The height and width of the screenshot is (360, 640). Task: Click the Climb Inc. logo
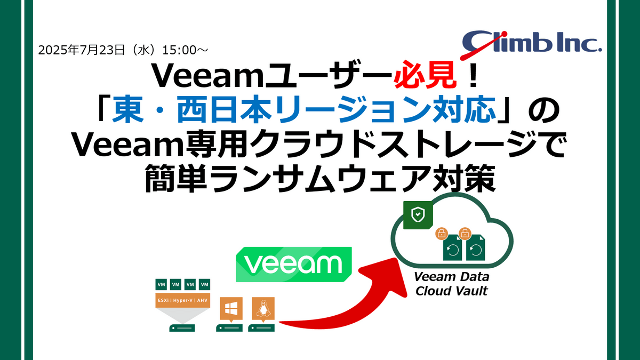pyautogui.click(x=531, y=44)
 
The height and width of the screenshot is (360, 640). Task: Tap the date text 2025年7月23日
pyautogui.click(x=82, y=50)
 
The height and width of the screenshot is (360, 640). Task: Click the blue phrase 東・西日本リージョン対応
pyautogui.click(x=304, y=109)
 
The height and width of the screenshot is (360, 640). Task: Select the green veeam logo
pyautogui.click(x=294, y=265)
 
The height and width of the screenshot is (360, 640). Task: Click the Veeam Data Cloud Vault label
pyautogui.click(x=451, y=284)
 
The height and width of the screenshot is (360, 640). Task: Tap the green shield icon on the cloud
pyautogui.click(x=418, y=215)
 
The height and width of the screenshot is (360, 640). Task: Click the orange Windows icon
pyautogui.click(x=231, y=309)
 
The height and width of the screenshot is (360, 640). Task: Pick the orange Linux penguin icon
pyautogui.click(x=263, y=309)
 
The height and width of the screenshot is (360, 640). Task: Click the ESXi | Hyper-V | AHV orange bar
pyautogui.click(x=182, y=300)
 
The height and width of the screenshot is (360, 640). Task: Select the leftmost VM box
pyautogui.click(x=162, y=285)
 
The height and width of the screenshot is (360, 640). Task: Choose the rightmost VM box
pyautogui.click(x=205, y=285)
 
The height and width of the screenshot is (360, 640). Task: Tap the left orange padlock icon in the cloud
pyautogui.click(x=442, y=234)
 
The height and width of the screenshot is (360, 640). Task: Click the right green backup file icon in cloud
pyautogui.click(x=475, y=247)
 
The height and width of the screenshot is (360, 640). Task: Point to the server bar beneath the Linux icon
pyautogui.click(x=261, y=328)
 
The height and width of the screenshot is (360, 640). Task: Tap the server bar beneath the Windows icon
pyautogui.click(x=229, y=328)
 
